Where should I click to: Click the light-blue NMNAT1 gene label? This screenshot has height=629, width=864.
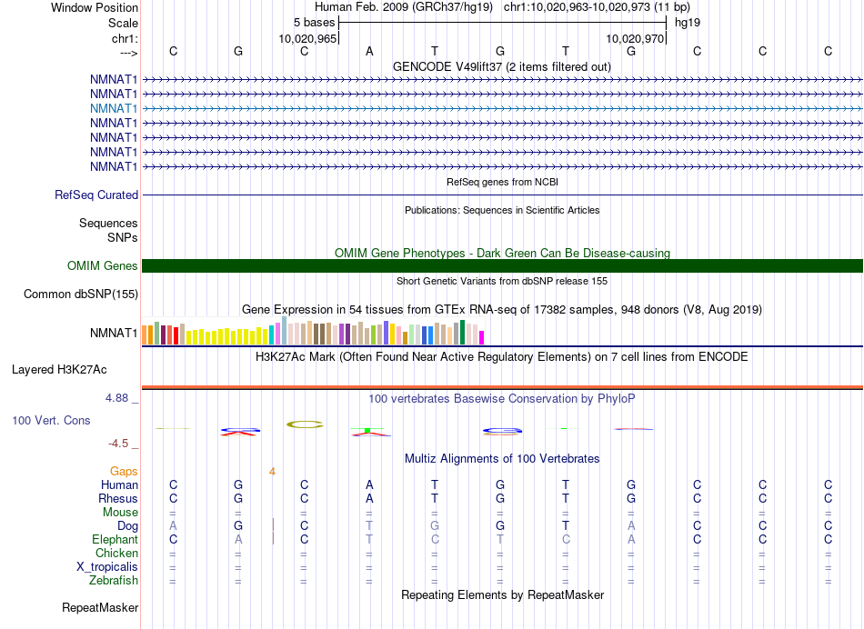point(114,108)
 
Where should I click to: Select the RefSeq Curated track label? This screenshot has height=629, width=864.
point(96,195)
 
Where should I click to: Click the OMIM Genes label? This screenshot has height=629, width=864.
point(103,266)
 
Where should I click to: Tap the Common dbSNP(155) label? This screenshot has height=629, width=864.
point(81,294)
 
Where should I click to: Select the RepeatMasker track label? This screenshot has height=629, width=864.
point(100,607)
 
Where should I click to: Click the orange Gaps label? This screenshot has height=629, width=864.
point(124,471)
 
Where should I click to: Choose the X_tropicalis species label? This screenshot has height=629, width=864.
point(107,566)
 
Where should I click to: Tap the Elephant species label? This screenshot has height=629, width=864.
point(115,539)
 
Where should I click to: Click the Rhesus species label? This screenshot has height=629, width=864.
point(118,498)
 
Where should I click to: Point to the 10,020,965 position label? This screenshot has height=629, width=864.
point(308,38)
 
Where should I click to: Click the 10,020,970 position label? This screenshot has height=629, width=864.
point(635,38)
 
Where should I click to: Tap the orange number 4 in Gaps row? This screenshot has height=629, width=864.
point(272,471)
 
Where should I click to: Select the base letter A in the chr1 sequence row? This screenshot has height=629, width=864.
point(369,51)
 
